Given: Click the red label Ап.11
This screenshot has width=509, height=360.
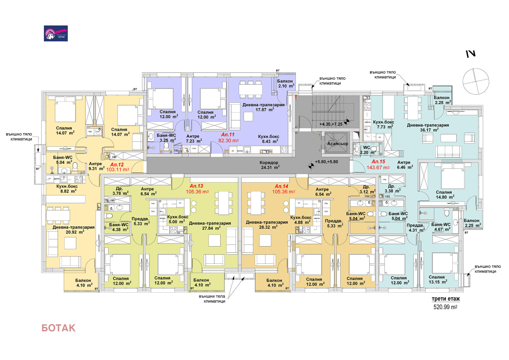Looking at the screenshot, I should pyautogui.click(x=228, y=135).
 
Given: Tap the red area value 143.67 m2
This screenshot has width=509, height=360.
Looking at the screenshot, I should pyautogui.click(x=378, y=167).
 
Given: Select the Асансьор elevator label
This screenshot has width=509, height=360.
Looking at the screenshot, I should pyautogui.click(x=338, y=144).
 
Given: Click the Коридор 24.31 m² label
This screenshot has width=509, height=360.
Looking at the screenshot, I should pyautogui.click(x=269, y=165).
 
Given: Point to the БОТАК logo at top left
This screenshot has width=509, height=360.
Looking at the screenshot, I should pyautogui.click(x=56, y=33).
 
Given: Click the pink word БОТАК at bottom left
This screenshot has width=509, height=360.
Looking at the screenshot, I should pyautogui.click(x=59, y=328).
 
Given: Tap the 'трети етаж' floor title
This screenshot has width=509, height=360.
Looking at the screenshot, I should pyautogui.click(x=445, y=299).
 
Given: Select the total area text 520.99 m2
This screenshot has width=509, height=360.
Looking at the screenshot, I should pyautogui.click(x=445, y=307).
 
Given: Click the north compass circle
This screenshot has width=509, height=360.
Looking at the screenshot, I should pyautogui.click(x=476, y=81).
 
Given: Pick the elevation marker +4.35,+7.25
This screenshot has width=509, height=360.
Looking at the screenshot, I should pyautogui.click(x=331, y=124).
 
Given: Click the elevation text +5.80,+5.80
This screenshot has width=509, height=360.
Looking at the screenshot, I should pyautogui.click(x=326, y=162).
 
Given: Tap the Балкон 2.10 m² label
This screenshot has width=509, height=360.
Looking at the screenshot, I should pyautogui.click(x=285, y=83).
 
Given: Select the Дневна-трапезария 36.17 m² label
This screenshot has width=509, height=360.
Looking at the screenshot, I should pyautogui.click(x=428, y=127).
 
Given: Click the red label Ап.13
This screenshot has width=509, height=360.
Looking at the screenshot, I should pyautogui.click(x=196, y=186).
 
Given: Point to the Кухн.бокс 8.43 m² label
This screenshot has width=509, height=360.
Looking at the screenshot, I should pyautogui.click(x=268, y=139).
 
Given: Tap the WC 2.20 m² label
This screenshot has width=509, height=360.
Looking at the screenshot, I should pyautogui.click(x=367, y=150).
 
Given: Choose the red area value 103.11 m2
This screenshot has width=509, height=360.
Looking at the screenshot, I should pyautogui.click(x=118, y=170).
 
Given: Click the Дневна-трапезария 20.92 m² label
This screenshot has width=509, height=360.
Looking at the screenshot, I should pyautogui.click(x=74, y=229).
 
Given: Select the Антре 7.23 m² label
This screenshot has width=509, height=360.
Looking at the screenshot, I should pyautogui.click(x=193, y=138).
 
